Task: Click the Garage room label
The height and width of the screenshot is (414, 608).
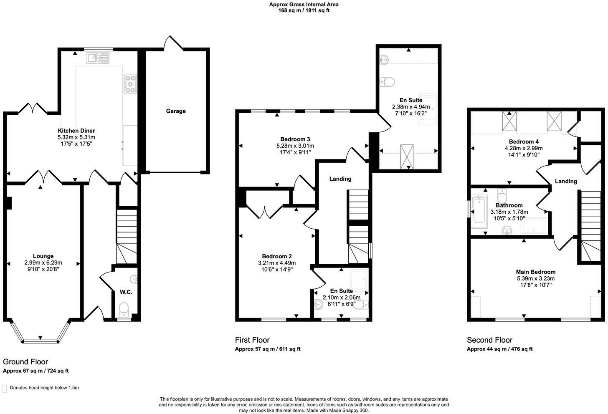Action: tap(176, 111)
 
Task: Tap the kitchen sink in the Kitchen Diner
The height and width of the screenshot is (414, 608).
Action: tap(97, 58)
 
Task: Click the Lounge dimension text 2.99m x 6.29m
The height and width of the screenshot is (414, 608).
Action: tap(43, 263)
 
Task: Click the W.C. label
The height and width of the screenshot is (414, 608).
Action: tap(126, 292)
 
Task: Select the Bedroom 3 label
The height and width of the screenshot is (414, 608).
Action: tap(295, 139)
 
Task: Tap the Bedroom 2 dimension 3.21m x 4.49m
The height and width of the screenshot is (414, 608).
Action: tap(277, 263)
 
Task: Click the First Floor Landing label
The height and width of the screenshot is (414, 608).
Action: tap(340, 179)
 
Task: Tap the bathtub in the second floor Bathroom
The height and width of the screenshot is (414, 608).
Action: tap(479, 212)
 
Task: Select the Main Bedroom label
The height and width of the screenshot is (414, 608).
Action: tap(535, 272)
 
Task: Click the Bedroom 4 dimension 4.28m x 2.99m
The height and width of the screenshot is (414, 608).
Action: tap(524, 148)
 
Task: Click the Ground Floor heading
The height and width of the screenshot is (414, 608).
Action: tap(25, 362)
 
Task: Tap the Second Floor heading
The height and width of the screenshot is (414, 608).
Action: tap(489, 340)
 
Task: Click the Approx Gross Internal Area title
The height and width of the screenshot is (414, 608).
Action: tap(304, 5)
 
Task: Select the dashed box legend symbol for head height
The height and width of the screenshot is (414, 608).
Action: tap(5, 388)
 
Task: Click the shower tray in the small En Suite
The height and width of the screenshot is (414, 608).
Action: tap(358, 278)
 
